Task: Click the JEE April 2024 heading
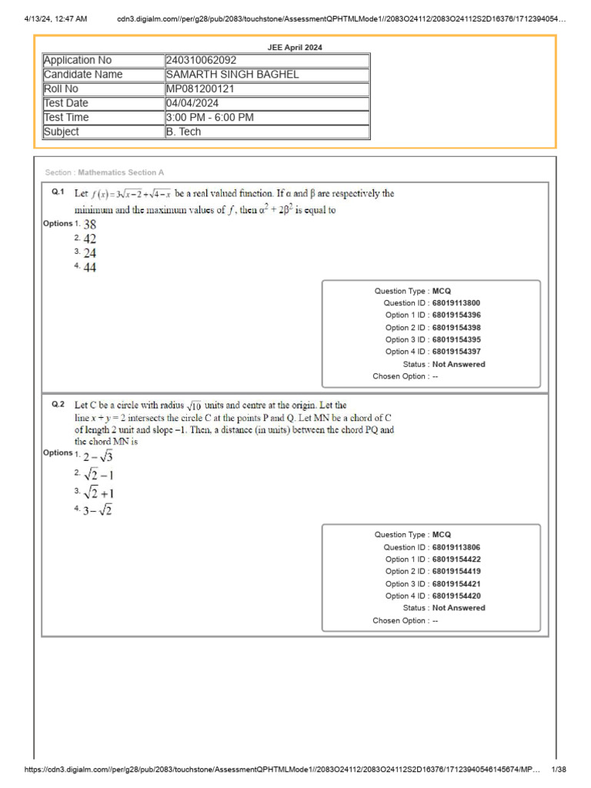coord(295,47)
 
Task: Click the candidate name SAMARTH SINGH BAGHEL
coord(232,75)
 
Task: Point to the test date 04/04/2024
coord(192,103)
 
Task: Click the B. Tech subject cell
coord(183,132)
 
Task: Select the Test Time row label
coord(66,118)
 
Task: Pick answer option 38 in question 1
coord(90,225)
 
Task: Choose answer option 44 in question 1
coord(90,268)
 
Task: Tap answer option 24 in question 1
coord(90,253)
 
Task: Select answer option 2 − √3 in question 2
coord(98,457)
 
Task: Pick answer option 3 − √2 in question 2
coord(98,510)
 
